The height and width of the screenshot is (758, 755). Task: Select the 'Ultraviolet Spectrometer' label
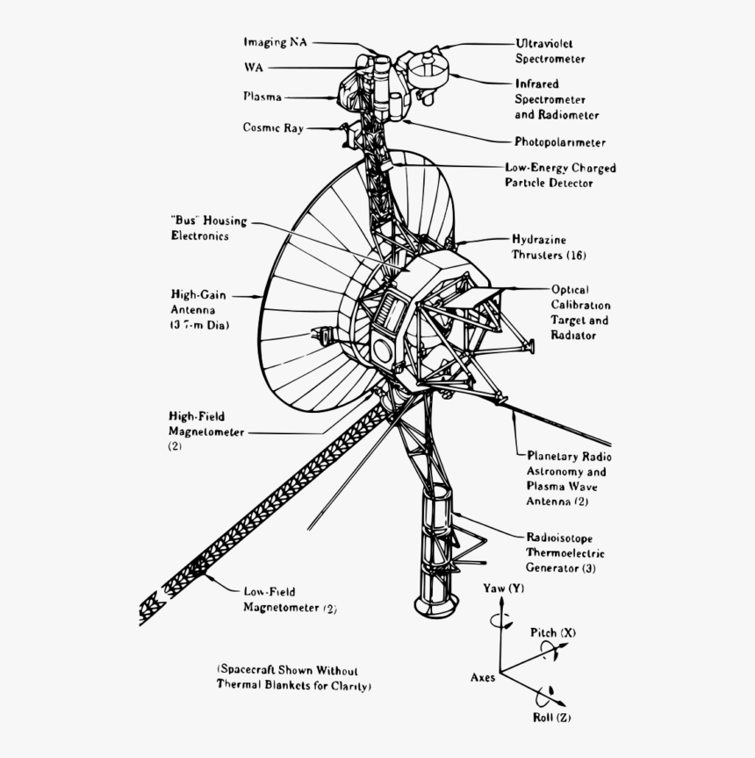tap(550, 51)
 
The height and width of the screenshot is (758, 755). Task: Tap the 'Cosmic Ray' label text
tap(273, 128)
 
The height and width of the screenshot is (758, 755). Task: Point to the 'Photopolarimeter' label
tap(559, 142)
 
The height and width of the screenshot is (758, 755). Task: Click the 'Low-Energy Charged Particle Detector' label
tap(559, 175)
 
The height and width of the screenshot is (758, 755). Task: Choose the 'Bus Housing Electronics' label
tap(208, 228)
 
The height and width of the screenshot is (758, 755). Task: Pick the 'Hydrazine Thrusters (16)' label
tap(549, 247)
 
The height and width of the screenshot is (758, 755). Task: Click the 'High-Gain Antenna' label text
tap(199, 310)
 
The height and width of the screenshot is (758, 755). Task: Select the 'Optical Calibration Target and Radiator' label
tap(579, 312)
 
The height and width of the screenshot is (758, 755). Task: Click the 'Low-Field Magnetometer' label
tap(289, 599)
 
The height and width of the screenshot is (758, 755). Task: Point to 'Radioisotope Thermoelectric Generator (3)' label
tap(564, 552)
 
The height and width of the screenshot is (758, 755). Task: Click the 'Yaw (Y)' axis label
tap(503, 588)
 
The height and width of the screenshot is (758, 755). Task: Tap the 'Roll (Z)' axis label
tap(552, 718)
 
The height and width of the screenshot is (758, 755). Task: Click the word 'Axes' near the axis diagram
tap(483, 677)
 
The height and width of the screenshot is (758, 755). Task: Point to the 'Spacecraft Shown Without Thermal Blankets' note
tap(294, 677)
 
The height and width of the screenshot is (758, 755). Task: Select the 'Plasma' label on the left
tap(262, 97)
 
